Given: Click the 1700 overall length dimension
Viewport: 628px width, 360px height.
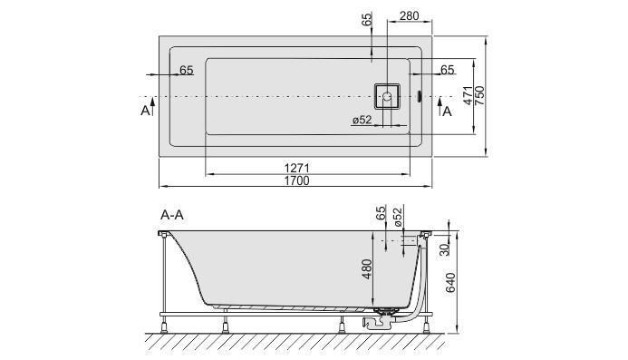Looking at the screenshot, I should point(296,181).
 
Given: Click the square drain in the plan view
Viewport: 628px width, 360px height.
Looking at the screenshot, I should point(387,94).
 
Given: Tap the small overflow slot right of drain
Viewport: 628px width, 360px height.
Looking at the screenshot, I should point(419,95).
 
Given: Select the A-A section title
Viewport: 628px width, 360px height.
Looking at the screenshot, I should point(173,216).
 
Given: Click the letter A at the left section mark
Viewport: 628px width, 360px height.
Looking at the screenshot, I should point(145,111).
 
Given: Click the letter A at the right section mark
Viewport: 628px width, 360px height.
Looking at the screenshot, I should point(448,111).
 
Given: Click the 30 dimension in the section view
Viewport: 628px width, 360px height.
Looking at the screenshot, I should point(443,250).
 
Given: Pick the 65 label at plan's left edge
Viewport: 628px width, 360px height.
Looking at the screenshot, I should point(186,70).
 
